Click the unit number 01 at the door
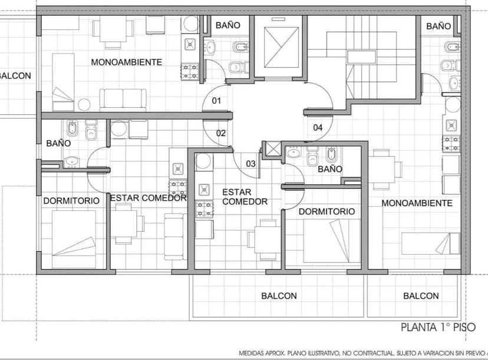tap(216, 101)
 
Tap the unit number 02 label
tap(220, 133)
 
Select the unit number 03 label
tap(250, 164)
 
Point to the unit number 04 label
tap(318, 128)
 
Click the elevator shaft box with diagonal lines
tap(281, 47)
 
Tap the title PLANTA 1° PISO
tap(438, 328)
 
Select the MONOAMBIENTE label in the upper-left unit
tap(126, 62)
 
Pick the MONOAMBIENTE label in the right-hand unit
tap(417, 203)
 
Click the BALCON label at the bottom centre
tap(279, 296)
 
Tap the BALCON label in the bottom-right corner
tap(421, 296)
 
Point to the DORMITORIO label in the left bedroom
tap(71, 201)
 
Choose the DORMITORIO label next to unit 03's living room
tap(327, 212)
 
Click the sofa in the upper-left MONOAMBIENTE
tap(123, 99)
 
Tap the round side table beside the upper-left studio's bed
tap(84, 104)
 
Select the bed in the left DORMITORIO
tap(74, 239)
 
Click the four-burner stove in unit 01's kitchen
tap(190, 71)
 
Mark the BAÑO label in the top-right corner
tap(438, 26)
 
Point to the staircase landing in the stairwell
tap(362, 57)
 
